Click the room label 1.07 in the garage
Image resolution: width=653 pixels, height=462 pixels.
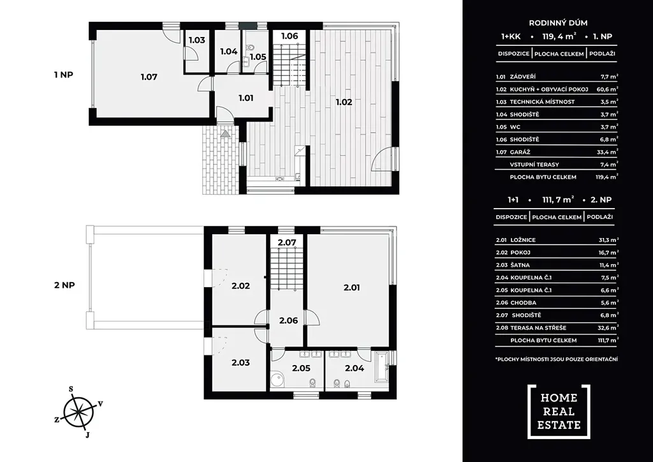[x=149, y=77]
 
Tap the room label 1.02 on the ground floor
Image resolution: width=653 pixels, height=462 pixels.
[x=344, y=102]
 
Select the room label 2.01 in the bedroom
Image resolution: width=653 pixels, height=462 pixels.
[x=351, y=287]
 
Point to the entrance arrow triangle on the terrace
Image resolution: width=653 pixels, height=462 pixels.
[x=225, y=134]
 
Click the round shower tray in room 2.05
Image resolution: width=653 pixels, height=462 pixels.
[x=277, y=380]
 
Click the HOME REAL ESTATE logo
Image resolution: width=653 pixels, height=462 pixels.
[x=559, y=412]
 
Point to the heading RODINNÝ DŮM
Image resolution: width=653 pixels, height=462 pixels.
[x=558, y=24]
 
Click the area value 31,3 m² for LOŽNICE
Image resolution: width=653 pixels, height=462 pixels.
[x=608, y=240]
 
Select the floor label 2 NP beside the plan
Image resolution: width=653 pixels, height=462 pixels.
[x=64, y=285]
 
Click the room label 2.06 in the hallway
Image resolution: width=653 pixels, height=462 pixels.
[x=289, y=321]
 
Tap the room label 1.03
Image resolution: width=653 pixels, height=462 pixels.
[x=197, y=40]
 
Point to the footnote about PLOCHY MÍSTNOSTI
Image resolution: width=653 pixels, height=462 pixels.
[x=556, y=359]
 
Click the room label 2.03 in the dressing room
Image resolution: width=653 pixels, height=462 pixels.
[x=240, y=362]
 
